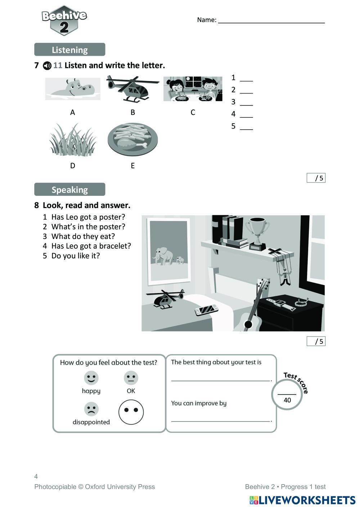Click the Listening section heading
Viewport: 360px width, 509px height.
pyautogui.click(x=69, y=50)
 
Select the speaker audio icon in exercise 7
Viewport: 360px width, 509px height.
pyautogui.click(x=47, y=66)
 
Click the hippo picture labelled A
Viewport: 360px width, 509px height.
pyautogui.click(x=73, y=89)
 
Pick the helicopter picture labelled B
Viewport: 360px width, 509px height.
pyautogui.click(x=132, y=89)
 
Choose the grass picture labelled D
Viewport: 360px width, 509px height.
pyautogui.click(x=73, y=140)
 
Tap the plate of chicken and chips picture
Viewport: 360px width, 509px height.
pyautogui.click(x=132, y=140)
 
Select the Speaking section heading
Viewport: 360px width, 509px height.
pyautogui.click(x=69, y=189)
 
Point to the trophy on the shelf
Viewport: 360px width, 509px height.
pyautogui.click(x=257, y=232)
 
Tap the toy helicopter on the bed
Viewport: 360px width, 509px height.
pyautogui.click(x=165, y=299)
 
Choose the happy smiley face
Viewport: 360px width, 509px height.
pyautogui.click(x=91, y=378)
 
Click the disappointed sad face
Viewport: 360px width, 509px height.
pyautogui.click(x=91, y=409)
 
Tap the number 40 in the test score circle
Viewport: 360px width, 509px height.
pyautogui.click(x=287, y=400)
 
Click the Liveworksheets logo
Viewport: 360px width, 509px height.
pyautogui.click(x=302, y=500)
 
